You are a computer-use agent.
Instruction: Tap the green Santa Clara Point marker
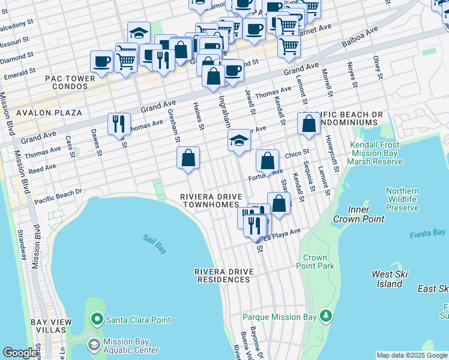coord(96,318)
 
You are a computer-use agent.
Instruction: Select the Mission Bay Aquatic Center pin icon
coord(94,345)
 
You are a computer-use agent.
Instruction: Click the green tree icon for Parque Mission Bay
coord(325,315)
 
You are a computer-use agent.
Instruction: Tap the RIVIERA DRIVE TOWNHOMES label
coord(212,200)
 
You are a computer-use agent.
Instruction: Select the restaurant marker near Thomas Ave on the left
coord(119,124)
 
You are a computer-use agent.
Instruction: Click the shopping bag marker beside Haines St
coord(188,158)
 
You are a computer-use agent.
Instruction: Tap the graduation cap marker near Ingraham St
coord(239,141)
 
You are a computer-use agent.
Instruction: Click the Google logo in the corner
coord(20,353)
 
